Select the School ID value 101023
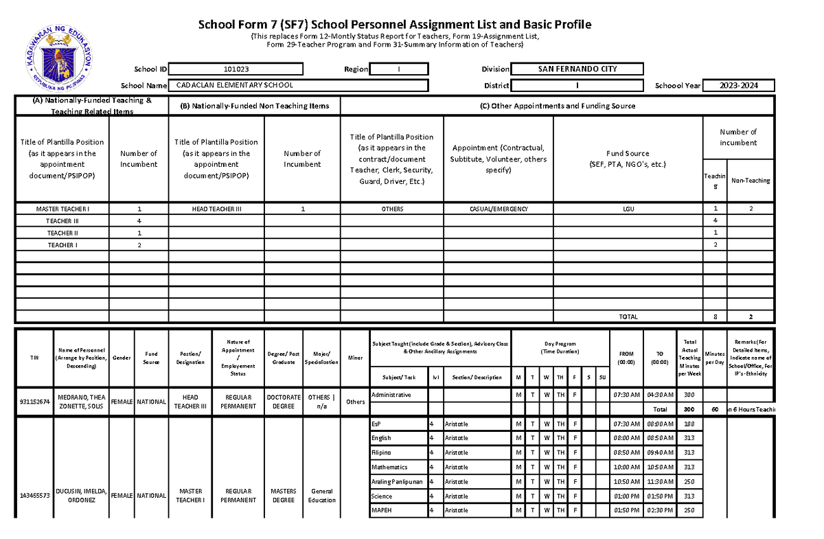pyautogui.click(x=236, y=69)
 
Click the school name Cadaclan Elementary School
pyautogui.click(x=235, y=85)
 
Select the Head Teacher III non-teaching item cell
pyautogui.click(x=216, y=209)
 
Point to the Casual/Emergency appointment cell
pyautogui.click(x=499, y=209)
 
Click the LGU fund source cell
pyautogui.click(x=628, y=209)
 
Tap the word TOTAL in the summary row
pyautogui.click(x=628, y=317)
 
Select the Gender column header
pyautogui.click(x=122, y=357)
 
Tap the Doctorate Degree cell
pyautogui.click(x=284, y=402)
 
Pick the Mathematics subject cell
pyautogui.click(x=390, y=467)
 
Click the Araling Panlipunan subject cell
pyautogui.click(x=396, y=481)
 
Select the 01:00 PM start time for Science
pyautogui.click(x=627, y=496)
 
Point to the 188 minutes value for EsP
pyautogui.click(x=689, y=424)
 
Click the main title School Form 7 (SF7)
pyautogui.click(x=395, y=25)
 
